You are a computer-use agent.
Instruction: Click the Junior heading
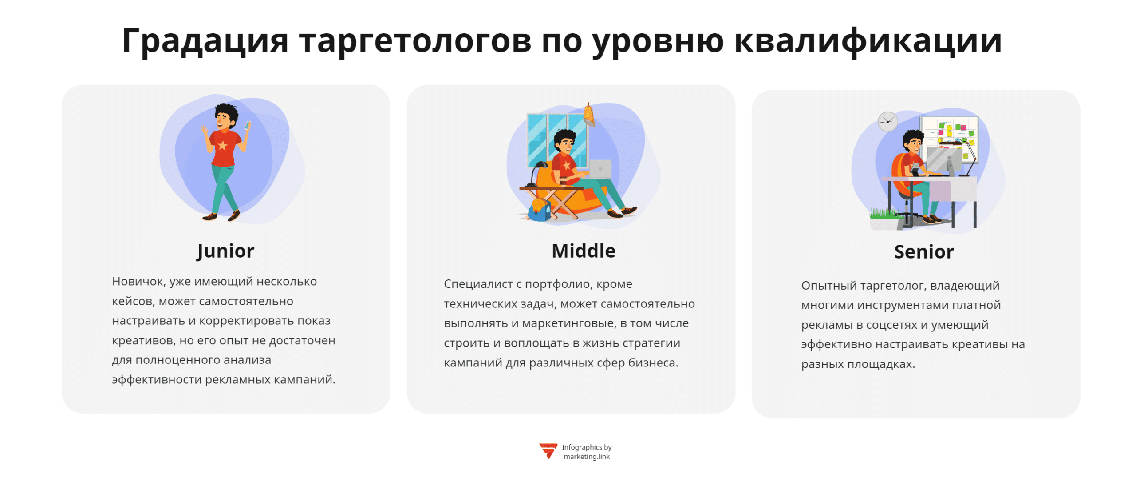[225, 251]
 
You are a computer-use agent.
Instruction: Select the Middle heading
[583, 251]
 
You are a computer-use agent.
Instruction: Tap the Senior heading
[923, 252]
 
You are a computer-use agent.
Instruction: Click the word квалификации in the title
[868, 41]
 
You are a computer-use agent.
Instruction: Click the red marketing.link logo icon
[548, 450]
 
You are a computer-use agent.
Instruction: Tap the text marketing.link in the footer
[586, 456]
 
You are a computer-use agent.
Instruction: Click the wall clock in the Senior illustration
[887, 121]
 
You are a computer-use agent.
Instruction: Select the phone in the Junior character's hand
[247, 126]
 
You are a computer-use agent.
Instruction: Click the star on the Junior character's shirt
[222, 145]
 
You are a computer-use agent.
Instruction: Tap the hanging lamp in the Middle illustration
[588, 116]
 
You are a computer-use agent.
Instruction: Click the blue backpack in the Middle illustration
[540, 211]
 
